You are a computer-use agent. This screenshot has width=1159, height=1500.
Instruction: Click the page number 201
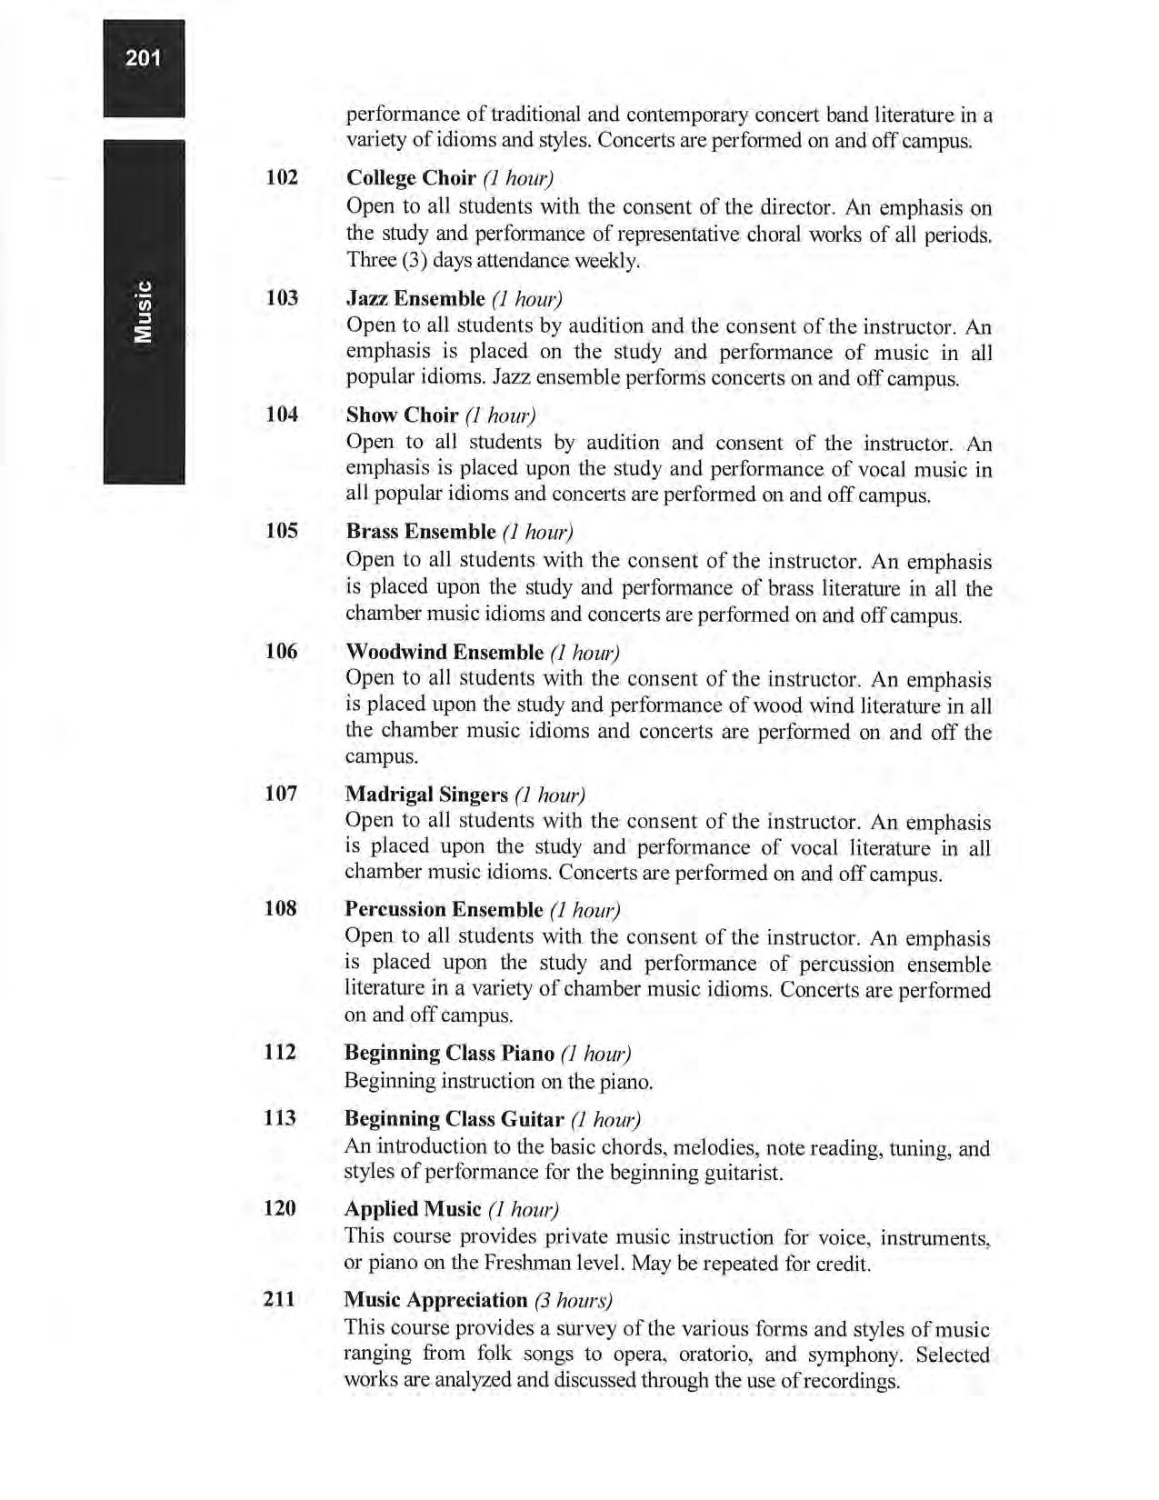(144, 59)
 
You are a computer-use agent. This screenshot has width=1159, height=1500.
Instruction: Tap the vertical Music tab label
(144, 312)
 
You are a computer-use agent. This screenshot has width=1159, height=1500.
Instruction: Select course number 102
(282, 176)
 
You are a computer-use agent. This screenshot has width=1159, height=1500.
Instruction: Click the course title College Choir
(411, 177)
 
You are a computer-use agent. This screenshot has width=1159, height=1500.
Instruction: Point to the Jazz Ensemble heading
(415, 298)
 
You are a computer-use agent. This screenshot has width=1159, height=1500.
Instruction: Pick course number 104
(282, 415)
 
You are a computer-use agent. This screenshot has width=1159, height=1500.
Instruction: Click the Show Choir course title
(402, 415)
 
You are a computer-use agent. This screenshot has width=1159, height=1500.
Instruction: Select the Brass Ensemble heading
(421, 532)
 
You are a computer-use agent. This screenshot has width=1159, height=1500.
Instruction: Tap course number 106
(281, 651)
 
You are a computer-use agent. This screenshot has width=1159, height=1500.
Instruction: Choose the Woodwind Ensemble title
(445, 652)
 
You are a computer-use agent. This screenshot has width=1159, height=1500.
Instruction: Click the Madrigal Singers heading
(426, 795)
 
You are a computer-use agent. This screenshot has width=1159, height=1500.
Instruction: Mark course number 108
(280, 908)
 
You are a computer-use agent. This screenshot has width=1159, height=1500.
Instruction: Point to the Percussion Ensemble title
(444, 910)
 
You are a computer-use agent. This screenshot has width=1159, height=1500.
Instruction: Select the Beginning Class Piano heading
(449, 1053)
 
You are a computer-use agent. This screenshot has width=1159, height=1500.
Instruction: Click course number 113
(280, 1118)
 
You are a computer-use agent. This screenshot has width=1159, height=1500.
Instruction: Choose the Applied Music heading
(413, 1209)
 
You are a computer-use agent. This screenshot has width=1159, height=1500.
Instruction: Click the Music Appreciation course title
(436, 1300)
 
